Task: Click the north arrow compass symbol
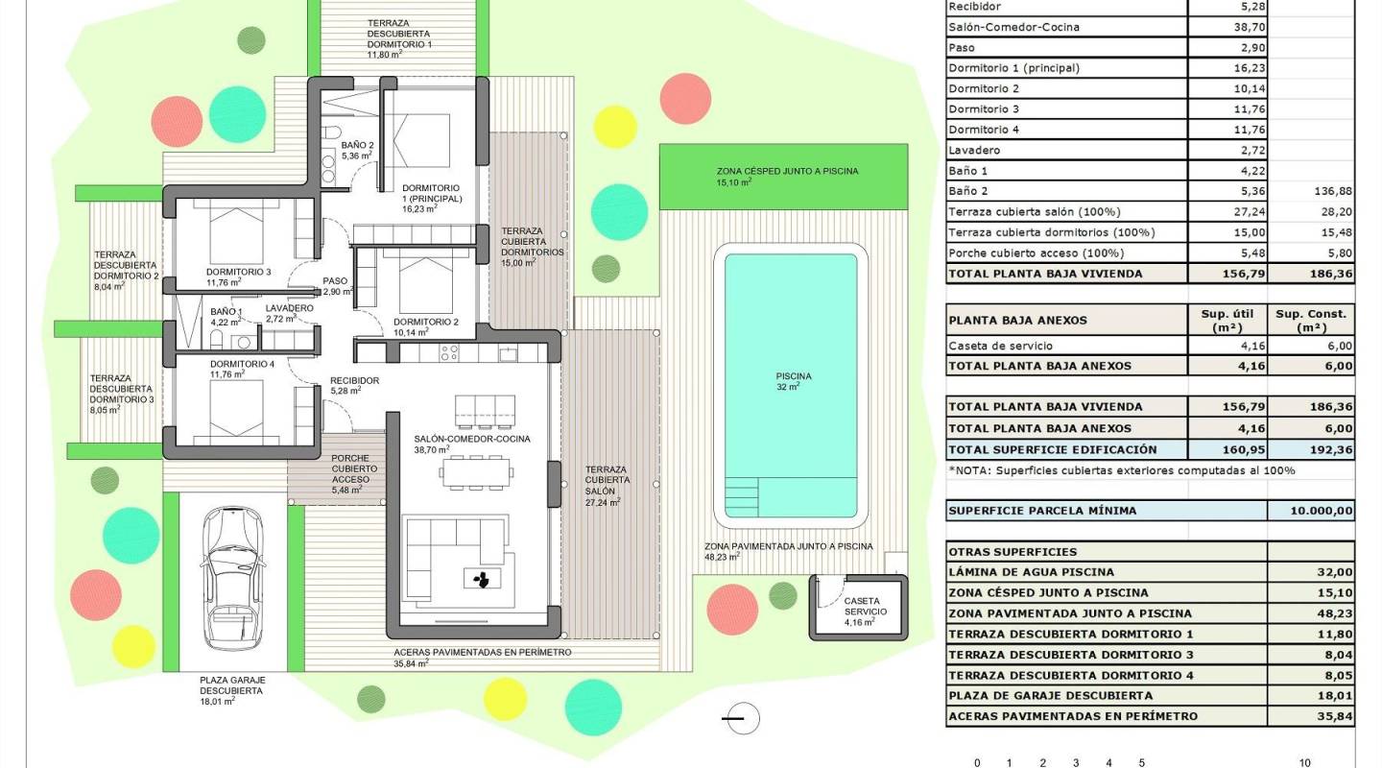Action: pyautogui.click(x=742, y=718)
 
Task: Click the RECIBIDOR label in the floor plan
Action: pyautogui.click(x=354, y=381)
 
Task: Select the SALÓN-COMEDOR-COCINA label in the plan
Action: pyautogui.click(x=471, y=439)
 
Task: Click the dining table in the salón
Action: pyautogui.click(x=476, y=470)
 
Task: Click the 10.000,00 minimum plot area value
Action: pyautogui.click(x=1310, y=511)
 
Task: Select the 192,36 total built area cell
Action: pyautogui.click(x=1310, y=449)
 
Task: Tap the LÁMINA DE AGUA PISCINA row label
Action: pyautogui.click(x=1032, y=572)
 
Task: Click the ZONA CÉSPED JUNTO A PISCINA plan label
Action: pyautogui.click(x=787, y=171)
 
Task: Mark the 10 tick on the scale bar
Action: pyautogui.click(x=1304, y=763)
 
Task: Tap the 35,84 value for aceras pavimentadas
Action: pyautogui.click(x=1310, y=716)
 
